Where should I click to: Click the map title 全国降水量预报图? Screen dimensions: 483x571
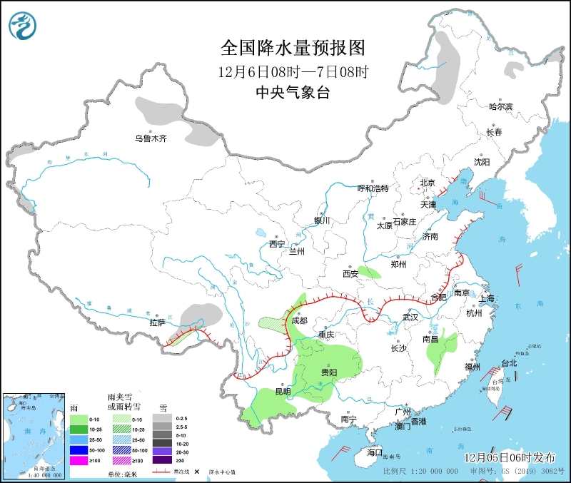[x=293, y=48]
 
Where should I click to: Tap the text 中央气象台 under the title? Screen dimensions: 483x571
[x=293, y=92]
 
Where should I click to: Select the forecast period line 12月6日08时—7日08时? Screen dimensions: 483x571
[x=293, y=71]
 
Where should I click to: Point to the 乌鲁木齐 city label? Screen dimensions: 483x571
[x=151, y=138]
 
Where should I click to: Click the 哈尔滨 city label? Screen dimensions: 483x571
[x=500, y=106]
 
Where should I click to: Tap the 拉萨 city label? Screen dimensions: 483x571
[x=157, y=322]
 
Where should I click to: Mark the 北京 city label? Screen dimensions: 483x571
[x=428, y=182]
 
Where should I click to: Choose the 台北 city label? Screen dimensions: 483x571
[x=509, y=362]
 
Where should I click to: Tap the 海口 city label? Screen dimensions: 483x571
[x=375, y=452]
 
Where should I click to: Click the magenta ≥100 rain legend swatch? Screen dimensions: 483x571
[x=79, y=460]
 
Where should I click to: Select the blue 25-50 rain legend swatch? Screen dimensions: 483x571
[x=79, y=439]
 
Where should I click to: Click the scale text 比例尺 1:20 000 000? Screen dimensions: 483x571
[x=420, y=472]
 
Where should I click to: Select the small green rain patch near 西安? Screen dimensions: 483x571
[x=369, y=272]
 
